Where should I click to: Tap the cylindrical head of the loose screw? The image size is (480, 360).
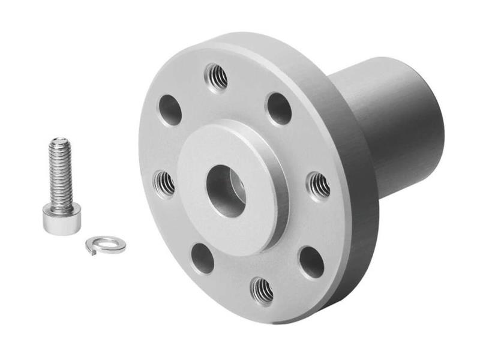[x=61, y=217]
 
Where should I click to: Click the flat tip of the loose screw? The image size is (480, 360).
[x=59, y=142]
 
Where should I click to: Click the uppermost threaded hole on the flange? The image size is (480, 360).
[x=216, y=76]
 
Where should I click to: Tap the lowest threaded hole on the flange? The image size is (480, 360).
[x=262, y=290]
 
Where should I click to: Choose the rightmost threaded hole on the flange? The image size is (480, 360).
[x=318, y=185]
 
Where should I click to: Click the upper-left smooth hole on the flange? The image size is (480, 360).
[x=170, y=110]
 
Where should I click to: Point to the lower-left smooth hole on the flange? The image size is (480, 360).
[x=202, y=258]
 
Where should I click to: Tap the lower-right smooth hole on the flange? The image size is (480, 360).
[x=311, y=262]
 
